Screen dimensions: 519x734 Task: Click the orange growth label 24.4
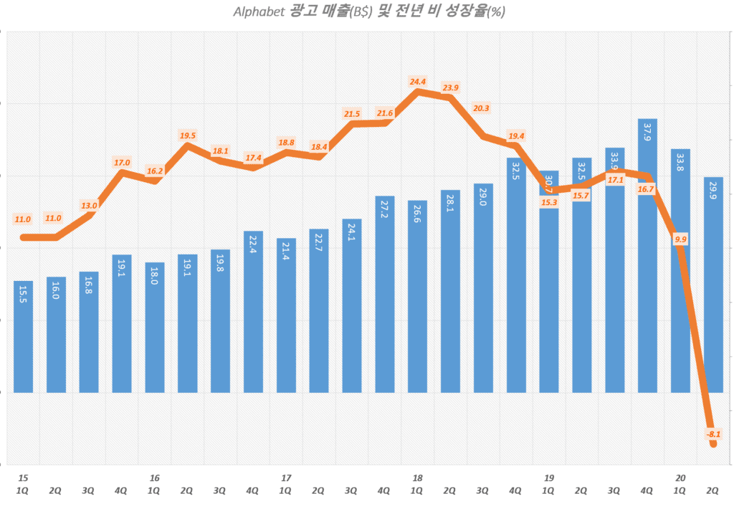418,82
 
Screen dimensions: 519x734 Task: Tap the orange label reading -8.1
713,434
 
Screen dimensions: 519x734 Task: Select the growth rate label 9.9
681,239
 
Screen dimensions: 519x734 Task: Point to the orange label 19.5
187,135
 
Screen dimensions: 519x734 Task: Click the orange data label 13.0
89,206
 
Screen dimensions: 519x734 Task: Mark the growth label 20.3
482,109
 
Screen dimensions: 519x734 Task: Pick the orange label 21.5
352,114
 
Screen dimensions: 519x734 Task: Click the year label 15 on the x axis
23,477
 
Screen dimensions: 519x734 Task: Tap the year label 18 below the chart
418,477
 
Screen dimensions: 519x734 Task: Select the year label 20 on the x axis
681,477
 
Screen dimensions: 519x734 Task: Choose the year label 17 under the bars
286,477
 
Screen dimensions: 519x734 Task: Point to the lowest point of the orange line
714,444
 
